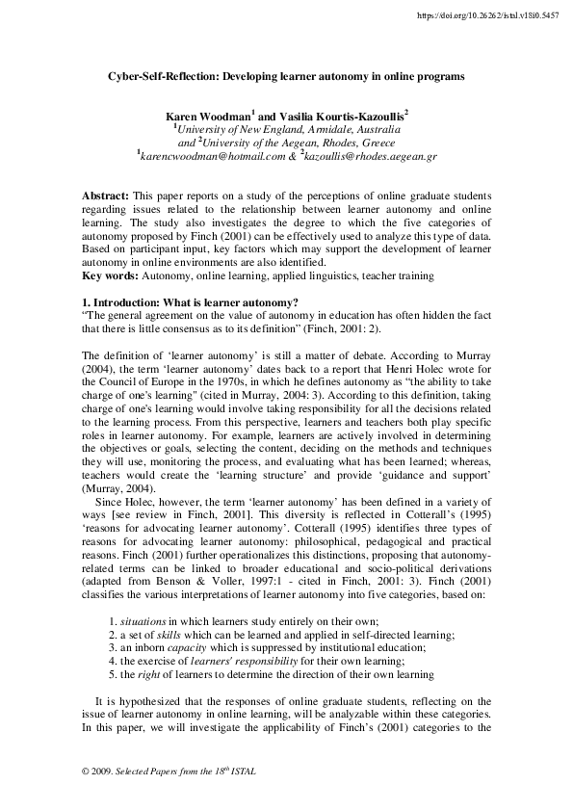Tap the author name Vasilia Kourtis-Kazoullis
tap(344, 114)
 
